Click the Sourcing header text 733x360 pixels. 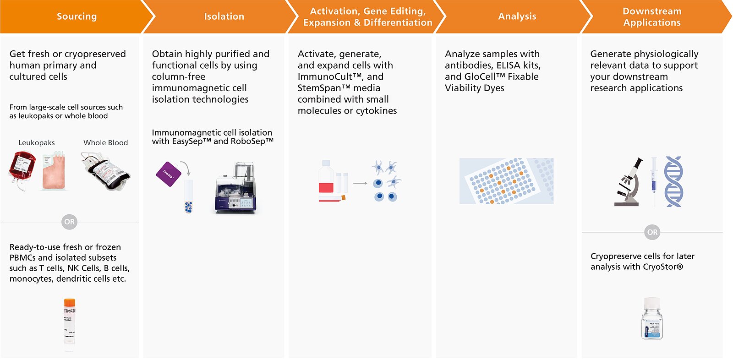pyautogui.click(x=77, y=16)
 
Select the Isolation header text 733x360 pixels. pyautogui.click(x=224, y=16)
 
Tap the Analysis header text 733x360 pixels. pyautogui.click(x=517, y=16)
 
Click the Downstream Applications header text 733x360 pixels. pyautogui.click(x=651, y=17)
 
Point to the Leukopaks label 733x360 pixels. pyautogui.click(x=36, y=143)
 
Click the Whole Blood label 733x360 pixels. pyautogui.click(x=105, y=143)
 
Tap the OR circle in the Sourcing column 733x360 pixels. pyautogui.click(x=69, y=222)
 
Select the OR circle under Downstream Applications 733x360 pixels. pyautogui.click(x=652, y=232)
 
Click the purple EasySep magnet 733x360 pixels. pyautogui.click(x=169, y=174)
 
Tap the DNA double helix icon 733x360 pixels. pyautogui.click(x=673, y=181)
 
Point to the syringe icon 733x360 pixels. pyautogui.click(x=654, y=181)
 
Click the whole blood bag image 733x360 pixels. pyautogui.click(x=107, y=172)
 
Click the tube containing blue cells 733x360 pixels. pyautogui.click(x=188, y=197)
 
